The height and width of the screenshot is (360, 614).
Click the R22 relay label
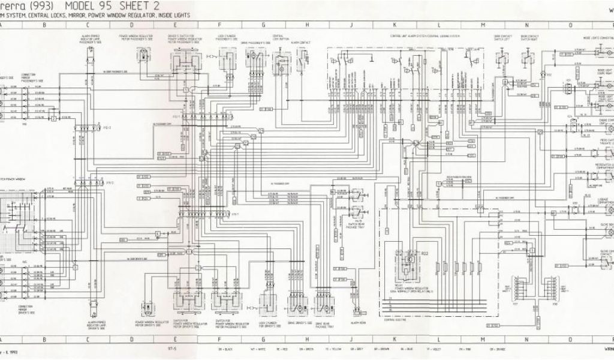425,254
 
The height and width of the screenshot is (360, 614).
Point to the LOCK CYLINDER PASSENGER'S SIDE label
227,37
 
